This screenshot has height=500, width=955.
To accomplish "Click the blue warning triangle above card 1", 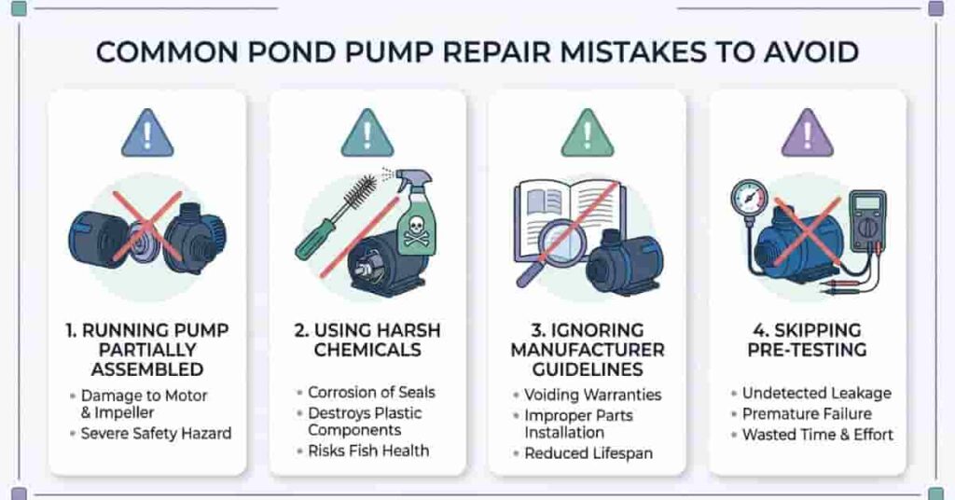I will tap(147, 133).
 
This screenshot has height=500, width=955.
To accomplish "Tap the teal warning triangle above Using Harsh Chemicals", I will tap(367, 133).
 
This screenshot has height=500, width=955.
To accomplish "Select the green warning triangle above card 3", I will tap(588, 133).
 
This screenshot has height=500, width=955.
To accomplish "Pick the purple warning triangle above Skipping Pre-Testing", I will tap(808, 133).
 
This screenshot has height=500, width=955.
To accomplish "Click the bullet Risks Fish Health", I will tap(368, 450).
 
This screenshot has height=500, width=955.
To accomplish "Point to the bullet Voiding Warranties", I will tap(592, 395).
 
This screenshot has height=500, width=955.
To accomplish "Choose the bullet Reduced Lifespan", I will tap(588, 453).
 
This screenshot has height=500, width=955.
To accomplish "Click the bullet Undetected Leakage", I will tap(816, 393).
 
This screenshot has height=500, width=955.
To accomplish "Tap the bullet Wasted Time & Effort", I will tap(817, 434).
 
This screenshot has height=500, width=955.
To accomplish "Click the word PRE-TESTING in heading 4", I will tap(808, 351).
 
